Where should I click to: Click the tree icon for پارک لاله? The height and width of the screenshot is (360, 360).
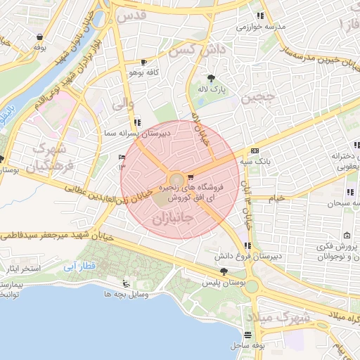point(211,78)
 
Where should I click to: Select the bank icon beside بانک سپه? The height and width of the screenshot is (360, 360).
point(254,150)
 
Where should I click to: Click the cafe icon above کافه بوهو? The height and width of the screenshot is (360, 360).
point(144,62)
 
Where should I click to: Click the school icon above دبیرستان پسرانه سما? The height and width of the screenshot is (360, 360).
point(136,121)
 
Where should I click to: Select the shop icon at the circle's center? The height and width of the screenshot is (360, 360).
point(191,177)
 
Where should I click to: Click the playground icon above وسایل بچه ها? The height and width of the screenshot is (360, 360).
point(126,283)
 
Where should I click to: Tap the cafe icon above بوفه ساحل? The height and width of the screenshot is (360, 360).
point(247,335)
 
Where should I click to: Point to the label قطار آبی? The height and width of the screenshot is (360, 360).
point(102,268)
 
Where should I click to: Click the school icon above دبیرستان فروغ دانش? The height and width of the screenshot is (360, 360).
point(247,245)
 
